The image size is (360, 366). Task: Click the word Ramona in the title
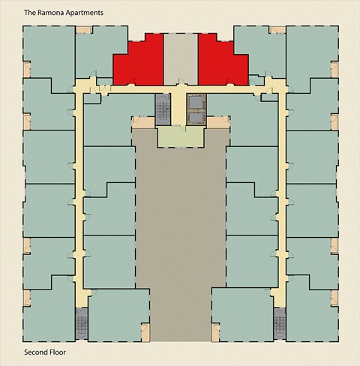pyautogui.click(x=49, y=13)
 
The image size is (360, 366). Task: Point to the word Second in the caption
pyautogui.click(x=34, y=352)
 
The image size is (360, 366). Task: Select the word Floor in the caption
pyautogui.click(x=56, y=352)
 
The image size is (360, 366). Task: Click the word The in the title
pyautogui.click(x=30, y=13)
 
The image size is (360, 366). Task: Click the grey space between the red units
pyautogui.click(x=181, y=59)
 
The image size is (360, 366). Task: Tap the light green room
pyautogui.click(x=181, y=136)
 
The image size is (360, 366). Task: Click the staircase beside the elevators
pyautogui.click(x=163, y=109)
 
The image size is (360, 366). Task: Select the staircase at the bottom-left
pyautogui.click(x=82, y=323)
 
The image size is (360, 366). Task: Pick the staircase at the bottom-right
pyautogui.click(x=280, y=323)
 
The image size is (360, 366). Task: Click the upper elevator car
pyautogui.click(x=196, y=103)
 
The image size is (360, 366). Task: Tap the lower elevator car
pyautogui.click(x=196, y=118)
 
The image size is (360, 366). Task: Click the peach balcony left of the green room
pyautogui.click(x=143, y=122)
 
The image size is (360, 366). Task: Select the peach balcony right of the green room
pyautogui.click(x=218, y=122)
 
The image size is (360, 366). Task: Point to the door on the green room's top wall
pyautogui.click(x=183, y=128)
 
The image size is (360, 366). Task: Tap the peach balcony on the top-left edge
pyautogui.click(x=84, y=30)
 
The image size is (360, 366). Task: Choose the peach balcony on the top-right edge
pyautogui.click(x=277, y=30)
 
